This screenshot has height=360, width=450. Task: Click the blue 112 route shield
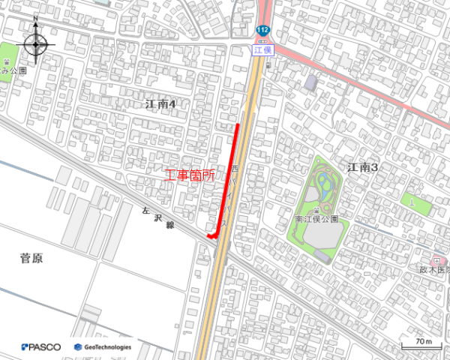pos(262,30)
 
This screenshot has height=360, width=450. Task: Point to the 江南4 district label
pos(160,104)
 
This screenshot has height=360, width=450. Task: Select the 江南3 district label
pos(362,167)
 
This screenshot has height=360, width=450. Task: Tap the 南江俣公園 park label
pos(316,220)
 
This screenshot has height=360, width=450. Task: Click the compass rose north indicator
pos(36,43)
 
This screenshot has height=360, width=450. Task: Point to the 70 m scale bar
pos(420,346)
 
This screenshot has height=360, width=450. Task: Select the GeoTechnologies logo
pos(103,347)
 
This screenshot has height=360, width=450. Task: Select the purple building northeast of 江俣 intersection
pos(310,81)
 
